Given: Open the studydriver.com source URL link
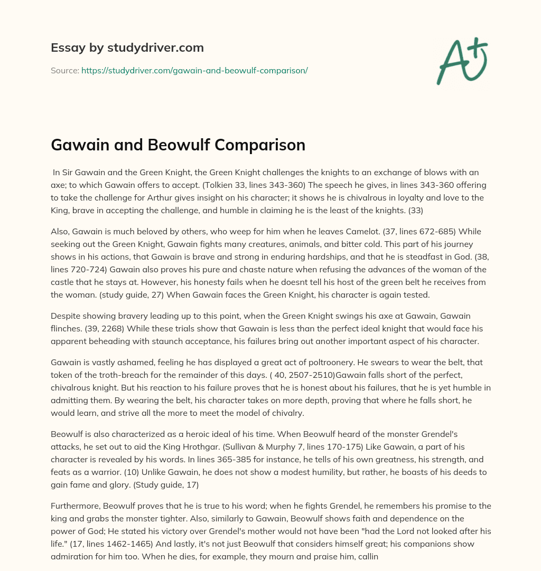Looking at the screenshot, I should (x=194, y=70).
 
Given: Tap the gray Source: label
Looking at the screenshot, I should (x=65, y=70).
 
